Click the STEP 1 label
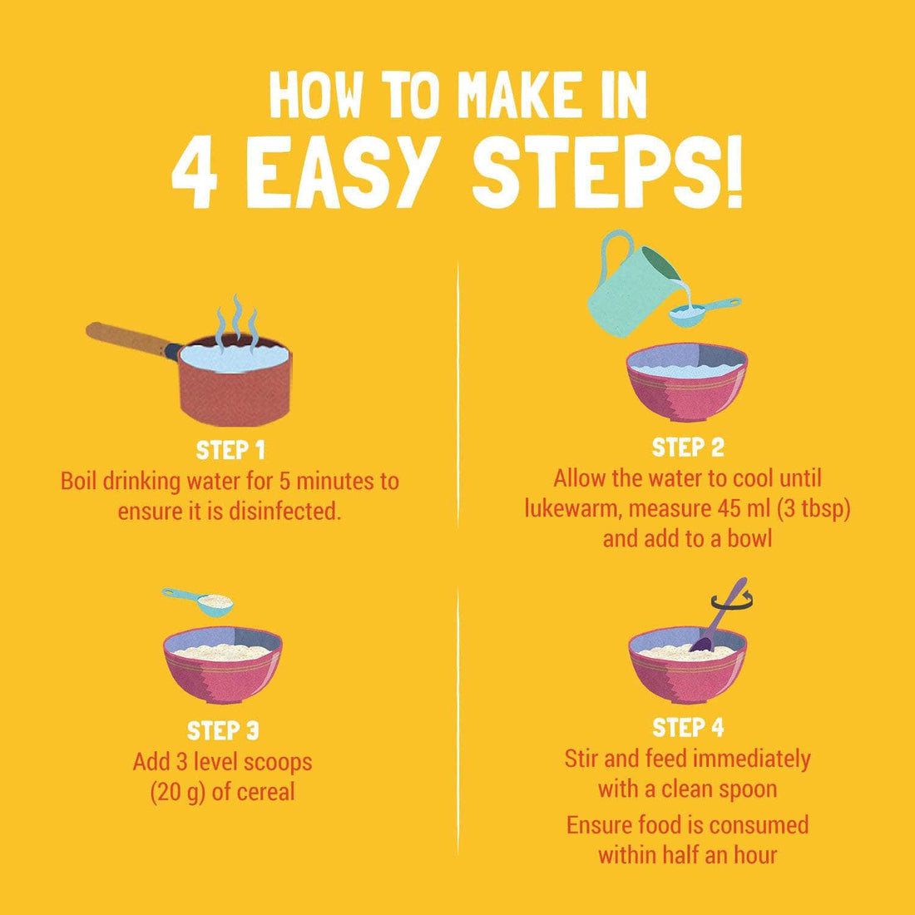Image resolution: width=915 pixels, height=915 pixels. click(x=230, y=451)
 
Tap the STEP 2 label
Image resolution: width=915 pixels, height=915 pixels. click(x=687, y=448)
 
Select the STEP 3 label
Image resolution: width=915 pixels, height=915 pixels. click(x=223, y=730)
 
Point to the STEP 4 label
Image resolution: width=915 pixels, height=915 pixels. click(x=687, y=728)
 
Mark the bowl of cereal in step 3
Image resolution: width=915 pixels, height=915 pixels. click(x=222, y=665)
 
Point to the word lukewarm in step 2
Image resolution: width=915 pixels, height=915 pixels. click(x=569, y=508)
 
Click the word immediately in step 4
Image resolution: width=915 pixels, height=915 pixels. click(x=750, y=759)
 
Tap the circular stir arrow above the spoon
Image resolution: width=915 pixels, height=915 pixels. click(x=732, y=600)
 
